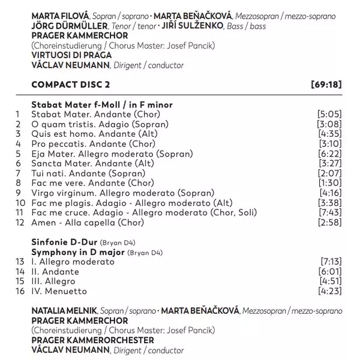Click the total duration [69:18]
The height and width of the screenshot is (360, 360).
[328, 84]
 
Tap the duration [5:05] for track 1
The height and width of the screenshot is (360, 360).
[329, 113]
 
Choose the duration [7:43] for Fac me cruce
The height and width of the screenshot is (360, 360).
[329, 212]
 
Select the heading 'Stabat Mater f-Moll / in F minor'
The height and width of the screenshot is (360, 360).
[101, 104]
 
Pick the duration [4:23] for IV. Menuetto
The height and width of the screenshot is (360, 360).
[329, 291]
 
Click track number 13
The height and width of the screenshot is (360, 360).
[19, 262]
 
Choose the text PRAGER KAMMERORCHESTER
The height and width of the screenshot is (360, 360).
[86, 340]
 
